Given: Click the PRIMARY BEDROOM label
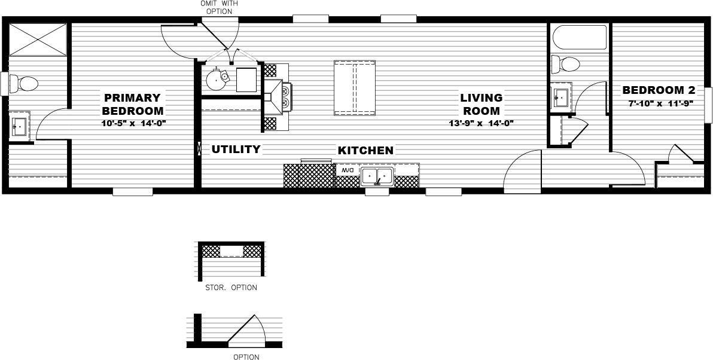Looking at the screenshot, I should tap(132, 104).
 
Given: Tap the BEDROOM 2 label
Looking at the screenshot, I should tap(659, 90).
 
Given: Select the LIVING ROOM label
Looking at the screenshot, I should tap(481, 104).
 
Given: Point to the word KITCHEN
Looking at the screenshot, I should tap(365, 150).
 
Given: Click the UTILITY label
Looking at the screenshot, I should tap(236, 149).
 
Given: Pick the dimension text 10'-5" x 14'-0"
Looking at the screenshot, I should tap(133, 124).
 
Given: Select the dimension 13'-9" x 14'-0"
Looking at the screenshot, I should tap(481, 124).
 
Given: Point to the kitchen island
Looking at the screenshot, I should tap(354, 88).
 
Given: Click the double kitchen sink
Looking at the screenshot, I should tap(377, 176).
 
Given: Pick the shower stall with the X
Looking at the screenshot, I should tap(38, 39).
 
